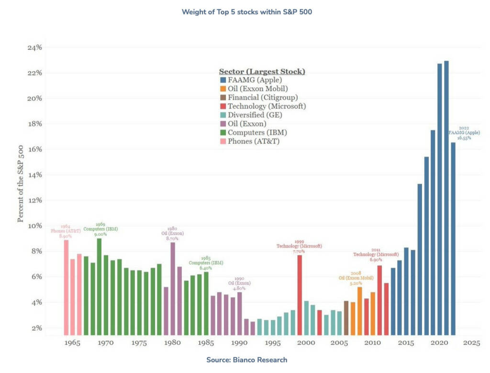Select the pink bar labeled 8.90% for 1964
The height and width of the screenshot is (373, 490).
coord(66,287)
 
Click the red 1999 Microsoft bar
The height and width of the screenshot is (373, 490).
coord(300,295)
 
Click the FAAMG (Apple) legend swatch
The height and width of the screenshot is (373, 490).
coord(223,80)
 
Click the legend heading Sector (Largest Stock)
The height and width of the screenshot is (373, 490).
coord(262,71)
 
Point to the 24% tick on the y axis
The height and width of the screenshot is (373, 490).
coord(34,47)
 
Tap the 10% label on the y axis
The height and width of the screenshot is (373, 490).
coord(34,226)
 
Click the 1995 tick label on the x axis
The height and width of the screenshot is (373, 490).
coord(272,343)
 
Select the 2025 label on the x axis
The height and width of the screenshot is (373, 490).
coord(472,343)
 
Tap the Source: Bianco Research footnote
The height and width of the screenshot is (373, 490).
coord(246,360)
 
